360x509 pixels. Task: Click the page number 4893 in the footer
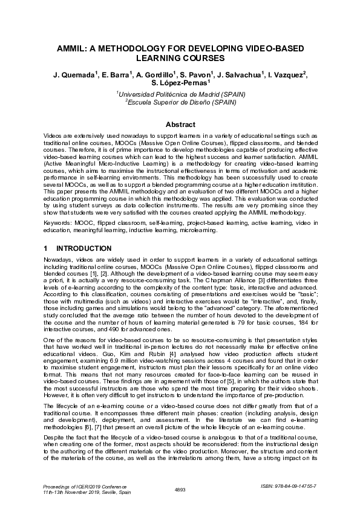click(x=179, y=488)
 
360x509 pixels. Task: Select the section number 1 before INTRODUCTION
click(x=46, y=248)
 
